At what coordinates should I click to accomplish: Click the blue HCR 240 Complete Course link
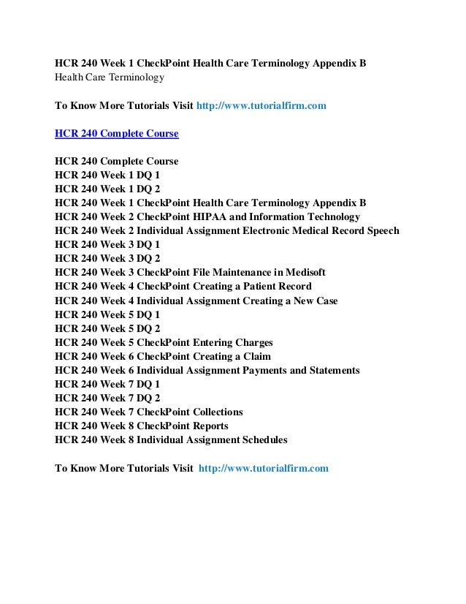(116, 134)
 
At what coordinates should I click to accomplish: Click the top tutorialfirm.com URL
(261, 106)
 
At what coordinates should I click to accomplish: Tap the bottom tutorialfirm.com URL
(263, 467)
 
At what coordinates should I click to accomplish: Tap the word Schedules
(264, 439)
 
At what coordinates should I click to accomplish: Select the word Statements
(329, 370)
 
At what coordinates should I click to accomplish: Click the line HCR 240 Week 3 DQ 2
(107, 259)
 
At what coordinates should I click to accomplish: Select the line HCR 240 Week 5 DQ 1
(107, 314)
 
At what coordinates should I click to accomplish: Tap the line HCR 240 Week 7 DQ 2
(107, 398)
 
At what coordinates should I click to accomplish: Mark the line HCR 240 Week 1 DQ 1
(107, 175)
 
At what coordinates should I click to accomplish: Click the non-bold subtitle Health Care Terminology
(110, 77)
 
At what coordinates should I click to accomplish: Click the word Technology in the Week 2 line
(332, 217)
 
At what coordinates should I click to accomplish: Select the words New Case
(313, 301)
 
